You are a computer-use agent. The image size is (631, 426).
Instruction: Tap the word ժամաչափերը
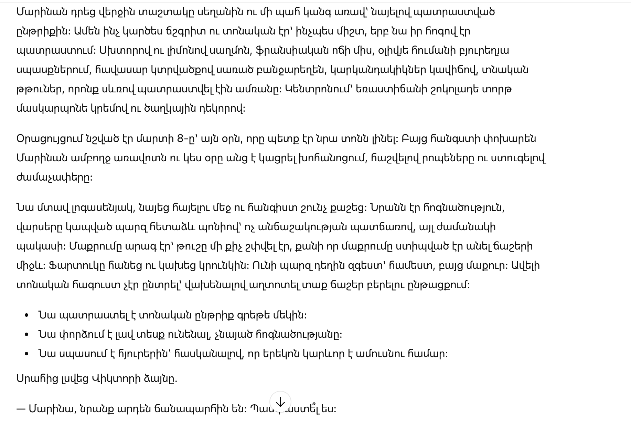point(54,177)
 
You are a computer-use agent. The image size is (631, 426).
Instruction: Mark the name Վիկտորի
point(116,379)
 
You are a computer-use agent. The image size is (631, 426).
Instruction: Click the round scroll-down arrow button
point(280,402)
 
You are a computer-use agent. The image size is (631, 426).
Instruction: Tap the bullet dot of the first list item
point(27,315)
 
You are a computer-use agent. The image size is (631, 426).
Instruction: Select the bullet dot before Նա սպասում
point(27,354)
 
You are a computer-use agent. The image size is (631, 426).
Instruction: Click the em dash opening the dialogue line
point(21,409)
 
